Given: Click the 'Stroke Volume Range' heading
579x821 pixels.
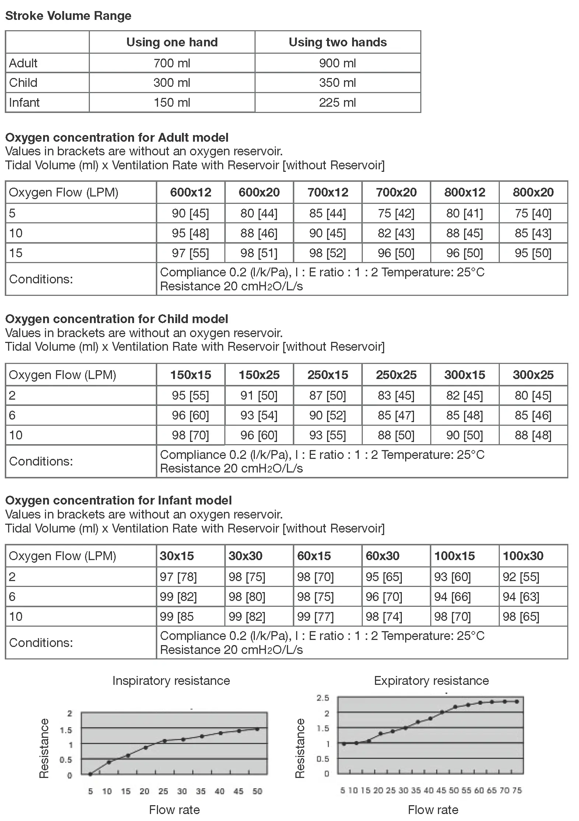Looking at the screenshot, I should point(68,16).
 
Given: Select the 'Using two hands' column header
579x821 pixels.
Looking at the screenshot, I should point(337,42).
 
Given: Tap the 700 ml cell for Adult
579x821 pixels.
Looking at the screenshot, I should point(172,63).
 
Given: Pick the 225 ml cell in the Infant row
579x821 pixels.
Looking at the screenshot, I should point(337,102).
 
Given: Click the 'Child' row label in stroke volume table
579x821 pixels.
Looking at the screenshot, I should point(23,82).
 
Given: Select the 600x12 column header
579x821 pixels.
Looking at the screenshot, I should point(190,192).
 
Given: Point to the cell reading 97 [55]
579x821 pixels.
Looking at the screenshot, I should point(190,253).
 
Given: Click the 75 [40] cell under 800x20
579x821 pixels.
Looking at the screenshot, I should point(533,213).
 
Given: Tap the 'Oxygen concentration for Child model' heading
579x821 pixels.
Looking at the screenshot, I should point(117,319).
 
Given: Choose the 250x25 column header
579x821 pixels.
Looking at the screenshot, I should point(396,375).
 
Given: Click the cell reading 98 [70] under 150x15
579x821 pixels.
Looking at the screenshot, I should point(190,435).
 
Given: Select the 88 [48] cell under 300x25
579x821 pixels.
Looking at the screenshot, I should point(533,435).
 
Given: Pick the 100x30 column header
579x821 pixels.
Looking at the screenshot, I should point(523,556).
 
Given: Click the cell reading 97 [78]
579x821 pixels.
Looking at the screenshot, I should point(178,577).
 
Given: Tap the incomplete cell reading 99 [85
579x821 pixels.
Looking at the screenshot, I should point(177,616).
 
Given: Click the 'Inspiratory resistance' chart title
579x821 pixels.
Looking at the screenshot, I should point(171,681).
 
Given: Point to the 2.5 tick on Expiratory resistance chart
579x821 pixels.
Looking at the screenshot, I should point(323,698).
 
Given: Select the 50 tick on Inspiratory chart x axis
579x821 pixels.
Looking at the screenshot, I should point(257,791).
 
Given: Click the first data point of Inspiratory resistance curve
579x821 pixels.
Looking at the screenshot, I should point(90,774).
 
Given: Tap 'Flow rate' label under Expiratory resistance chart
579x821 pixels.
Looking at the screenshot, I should point(433,810).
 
